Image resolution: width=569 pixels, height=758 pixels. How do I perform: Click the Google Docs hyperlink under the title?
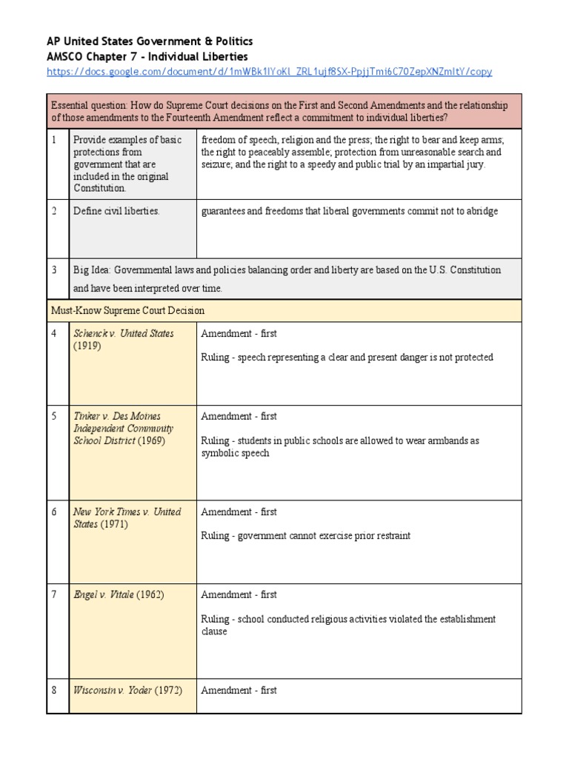269,72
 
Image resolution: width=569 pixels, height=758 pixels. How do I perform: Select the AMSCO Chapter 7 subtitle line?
147,56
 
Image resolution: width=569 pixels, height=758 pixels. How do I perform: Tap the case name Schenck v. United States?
123,334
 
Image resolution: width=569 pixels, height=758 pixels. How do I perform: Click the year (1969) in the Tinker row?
151,440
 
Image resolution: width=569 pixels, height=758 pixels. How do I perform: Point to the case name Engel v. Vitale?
103,594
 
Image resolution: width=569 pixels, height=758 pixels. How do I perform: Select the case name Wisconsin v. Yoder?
112,690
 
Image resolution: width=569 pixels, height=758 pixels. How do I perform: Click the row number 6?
54,512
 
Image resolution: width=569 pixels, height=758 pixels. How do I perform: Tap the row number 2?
54,211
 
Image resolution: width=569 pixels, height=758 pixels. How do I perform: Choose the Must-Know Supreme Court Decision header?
127,310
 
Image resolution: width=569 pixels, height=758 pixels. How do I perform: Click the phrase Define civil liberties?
116,211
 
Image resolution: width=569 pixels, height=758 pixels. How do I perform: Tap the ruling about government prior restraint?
305,535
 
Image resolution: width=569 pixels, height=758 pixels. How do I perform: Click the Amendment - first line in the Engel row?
239,594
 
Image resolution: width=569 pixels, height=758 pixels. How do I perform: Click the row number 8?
54,690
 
